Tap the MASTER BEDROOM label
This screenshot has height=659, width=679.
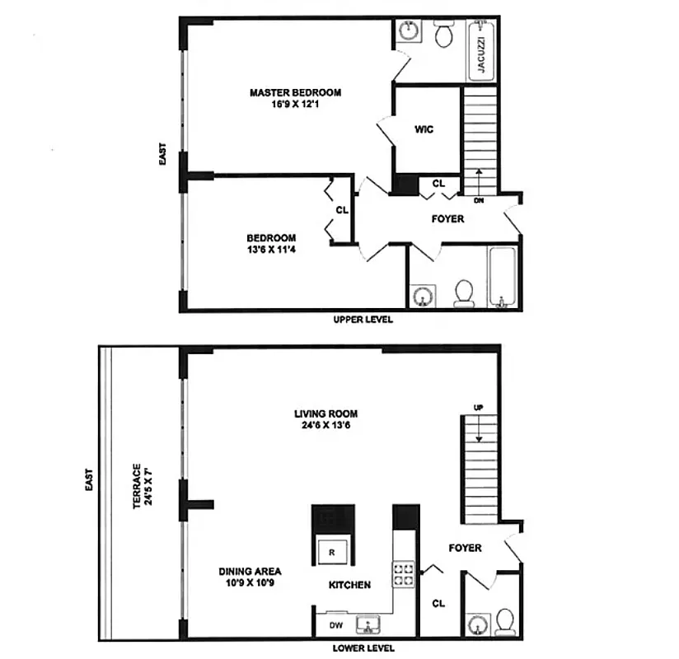coord(295,92)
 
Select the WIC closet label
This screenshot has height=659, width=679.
coord(424,129)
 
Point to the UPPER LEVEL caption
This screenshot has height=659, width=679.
coord(363,320)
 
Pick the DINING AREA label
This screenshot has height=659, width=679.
coord(250,571)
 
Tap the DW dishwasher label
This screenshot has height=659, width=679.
coord(336,625)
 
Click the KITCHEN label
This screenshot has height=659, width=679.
coord(349,585)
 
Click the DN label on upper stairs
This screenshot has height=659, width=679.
coord(479,200)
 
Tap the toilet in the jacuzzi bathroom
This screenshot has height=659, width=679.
coord(444,35)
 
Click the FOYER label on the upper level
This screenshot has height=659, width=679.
coord(447,219)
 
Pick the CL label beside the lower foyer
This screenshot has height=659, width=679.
coord(438,603)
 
